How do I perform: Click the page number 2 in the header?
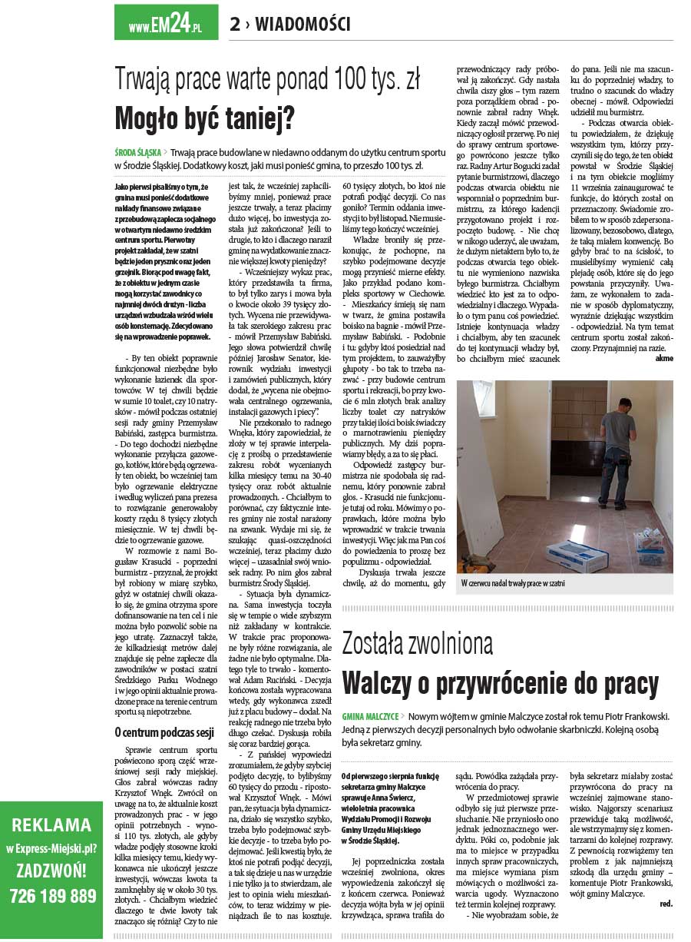click(x=235, y=25)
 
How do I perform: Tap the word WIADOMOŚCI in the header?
click(x=303, y=25)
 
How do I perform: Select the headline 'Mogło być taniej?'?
click(x=205, y=119)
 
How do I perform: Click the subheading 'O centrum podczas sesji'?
click(x=164, y=731)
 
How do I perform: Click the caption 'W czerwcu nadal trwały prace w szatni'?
click(x=513, y=583)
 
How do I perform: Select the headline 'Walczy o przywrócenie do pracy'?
click(x=500, y=682)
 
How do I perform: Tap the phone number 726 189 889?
click(x=53, y=896)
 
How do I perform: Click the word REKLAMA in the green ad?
click(x=51, y=825)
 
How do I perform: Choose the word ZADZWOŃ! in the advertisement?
click(x=52, y=871)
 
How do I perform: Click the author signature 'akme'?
click(x=663, y=358)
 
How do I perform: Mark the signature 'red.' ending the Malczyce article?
click(x=666, y=904)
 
